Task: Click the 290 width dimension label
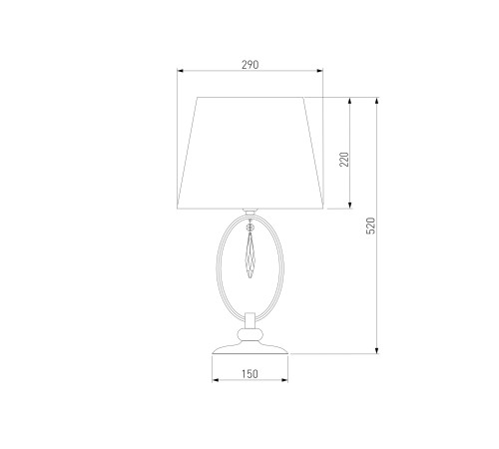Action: (249, 65)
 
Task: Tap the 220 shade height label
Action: (344, 160)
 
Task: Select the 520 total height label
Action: (370, 225)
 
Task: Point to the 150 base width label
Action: (249, 374)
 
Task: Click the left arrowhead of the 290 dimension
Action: (180, 71)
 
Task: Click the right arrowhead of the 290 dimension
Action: (319, 71)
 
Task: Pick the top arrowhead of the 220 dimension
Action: (349, 101)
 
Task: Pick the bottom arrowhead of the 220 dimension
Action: (349, 205)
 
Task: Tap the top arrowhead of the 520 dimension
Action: (376, 101)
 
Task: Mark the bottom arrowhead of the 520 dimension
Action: (376, 350)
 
